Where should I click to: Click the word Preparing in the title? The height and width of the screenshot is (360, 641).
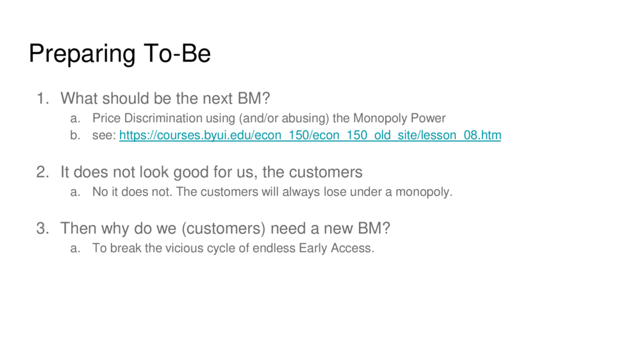(82, 54)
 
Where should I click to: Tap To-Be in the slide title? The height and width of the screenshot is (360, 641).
(177, 53)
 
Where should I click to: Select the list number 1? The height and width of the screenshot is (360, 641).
(43, 99)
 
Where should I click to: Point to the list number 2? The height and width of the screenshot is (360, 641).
(43, 172)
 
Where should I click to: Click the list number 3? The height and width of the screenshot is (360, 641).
(43, 229)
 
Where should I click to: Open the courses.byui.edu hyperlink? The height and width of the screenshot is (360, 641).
(310, 135)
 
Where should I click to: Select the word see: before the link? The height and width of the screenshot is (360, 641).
(104, 135)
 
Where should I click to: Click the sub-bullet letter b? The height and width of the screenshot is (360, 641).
(75, 135)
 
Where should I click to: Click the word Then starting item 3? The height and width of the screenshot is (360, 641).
(79, 229)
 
